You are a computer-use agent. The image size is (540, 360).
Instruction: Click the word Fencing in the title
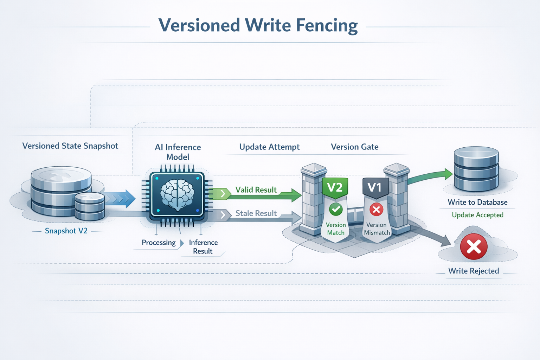327,25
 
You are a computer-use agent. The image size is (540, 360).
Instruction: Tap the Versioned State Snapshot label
70,146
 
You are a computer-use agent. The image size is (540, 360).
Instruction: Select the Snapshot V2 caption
66,231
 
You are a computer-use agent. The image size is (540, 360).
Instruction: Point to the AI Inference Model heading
178,152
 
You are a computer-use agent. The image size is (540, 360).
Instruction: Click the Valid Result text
256,190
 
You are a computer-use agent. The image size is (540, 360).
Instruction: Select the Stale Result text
256,213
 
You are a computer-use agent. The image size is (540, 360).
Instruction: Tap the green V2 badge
335,187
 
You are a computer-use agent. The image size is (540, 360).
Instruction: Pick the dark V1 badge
375,187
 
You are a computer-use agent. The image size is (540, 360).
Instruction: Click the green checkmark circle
336,210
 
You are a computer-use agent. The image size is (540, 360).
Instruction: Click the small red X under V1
376,210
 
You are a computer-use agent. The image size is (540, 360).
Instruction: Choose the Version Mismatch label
377,229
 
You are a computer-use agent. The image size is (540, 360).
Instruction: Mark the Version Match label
336,229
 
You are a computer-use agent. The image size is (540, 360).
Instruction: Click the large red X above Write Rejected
474,246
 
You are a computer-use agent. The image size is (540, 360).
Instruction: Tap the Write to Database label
477,202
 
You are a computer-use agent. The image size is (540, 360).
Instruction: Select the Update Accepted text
477,215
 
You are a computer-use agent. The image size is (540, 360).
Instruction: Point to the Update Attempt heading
269,147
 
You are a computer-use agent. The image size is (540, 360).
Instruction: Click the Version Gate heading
354,147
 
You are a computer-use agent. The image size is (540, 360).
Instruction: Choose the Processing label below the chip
159,243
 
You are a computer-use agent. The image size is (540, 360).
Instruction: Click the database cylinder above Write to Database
476,169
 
